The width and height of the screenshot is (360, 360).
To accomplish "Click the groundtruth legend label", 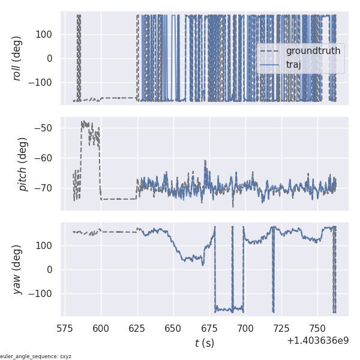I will (x=313, y=51).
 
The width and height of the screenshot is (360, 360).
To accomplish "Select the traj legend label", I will (x=294, y=64).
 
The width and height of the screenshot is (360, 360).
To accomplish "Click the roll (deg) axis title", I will (x=17, y=58).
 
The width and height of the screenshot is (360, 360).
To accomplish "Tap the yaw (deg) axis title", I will (x=17, y=269).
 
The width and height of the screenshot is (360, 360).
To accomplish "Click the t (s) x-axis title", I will (x=204, y=343).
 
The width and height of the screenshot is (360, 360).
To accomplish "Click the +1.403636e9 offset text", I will (x=317, y=341).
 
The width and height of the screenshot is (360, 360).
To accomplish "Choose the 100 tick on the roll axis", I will (x=44, y=34).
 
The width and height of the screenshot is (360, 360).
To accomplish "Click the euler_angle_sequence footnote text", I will (x=35, y=356).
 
